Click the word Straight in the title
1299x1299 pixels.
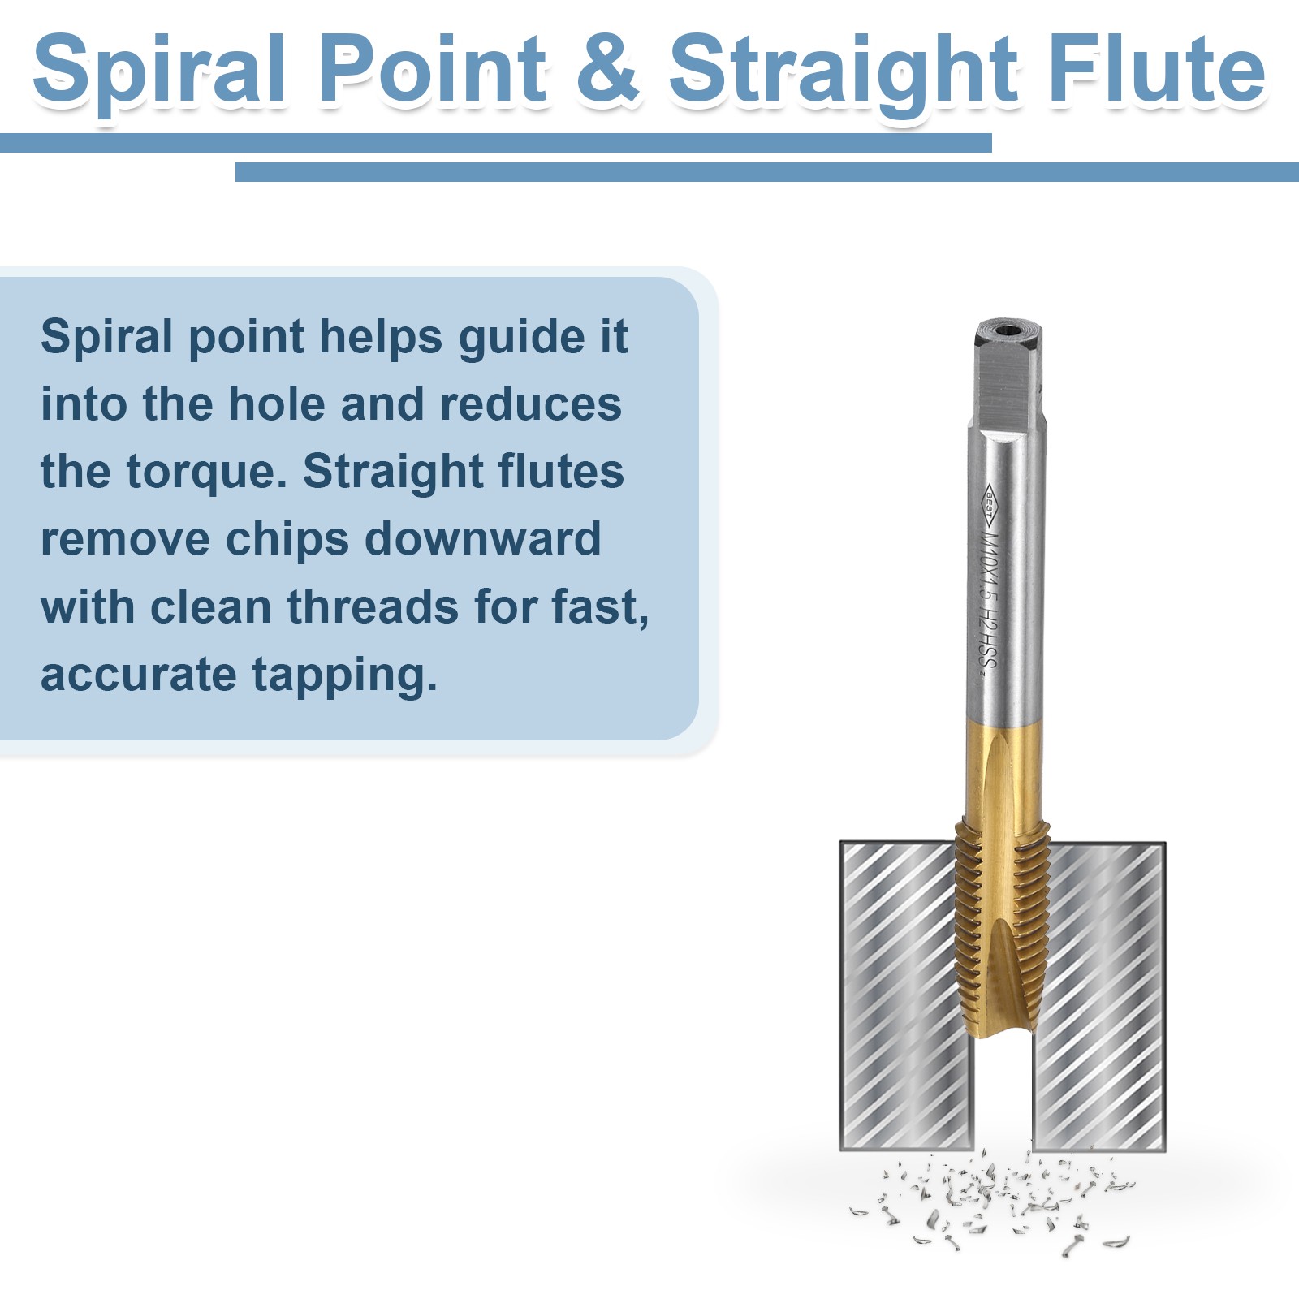click(843, 71)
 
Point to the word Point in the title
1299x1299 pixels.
click(433, 69)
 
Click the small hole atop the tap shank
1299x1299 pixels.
click(1008, 330)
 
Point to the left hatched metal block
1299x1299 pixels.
click(906, 996)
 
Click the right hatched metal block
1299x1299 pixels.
click(1099, 996)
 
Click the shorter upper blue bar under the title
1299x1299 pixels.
click(496, 143)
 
